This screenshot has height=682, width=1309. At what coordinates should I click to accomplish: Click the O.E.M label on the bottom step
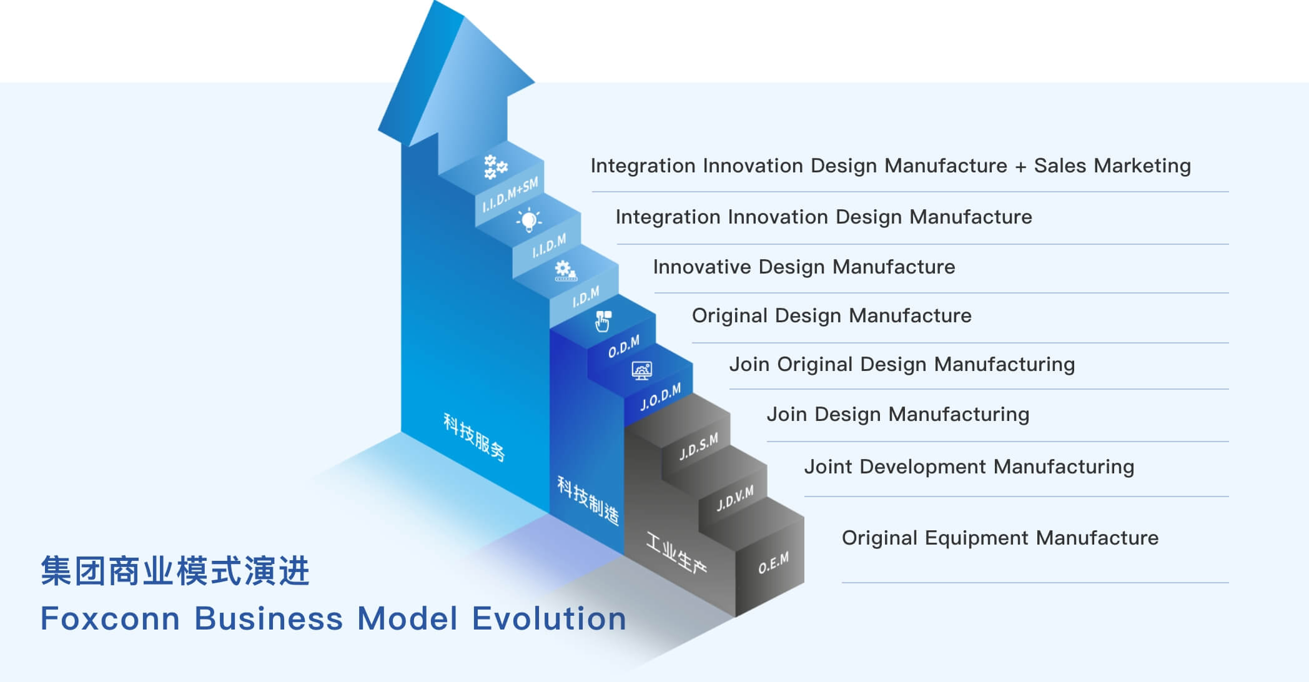[773, 563]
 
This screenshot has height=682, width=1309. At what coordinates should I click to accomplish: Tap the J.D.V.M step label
[735, 498]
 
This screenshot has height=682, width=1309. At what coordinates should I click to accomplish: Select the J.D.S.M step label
[699, 446]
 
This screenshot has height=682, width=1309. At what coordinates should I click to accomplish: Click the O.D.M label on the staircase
[624, 347]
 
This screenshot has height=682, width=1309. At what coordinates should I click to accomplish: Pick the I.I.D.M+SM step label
[510, 195]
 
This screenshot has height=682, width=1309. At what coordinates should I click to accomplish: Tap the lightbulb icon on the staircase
[528, 219]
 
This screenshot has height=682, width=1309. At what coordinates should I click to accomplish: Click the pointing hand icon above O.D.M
[603, 321]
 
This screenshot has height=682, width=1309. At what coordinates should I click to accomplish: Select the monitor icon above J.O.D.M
[641, 370]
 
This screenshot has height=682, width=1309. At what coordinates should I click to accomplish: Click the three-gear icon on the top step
[495, 167]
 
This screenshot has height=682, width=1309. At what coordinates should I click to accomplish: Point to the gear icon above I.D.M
[565, 270]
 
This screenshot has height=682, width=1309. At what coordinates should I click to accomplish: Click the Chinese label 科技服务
[474, 437]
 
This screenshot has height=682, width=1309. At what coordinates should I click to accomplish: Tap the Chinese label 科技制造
[588, 500]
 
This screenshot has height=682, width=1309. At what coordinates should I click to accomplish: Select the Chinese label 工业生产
[676, 552]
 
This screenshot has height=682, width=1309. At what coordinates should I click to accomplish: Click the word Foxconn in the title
[111, 619]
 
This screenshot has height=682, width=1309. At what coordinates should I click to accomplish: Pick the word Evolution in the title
[549, 619]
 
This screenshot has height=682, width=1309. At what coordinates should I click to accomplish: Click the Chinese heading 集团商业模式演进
[175, 571]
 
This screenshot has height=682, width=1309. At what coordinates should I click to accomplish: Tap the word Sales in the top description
[1060, 166]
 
